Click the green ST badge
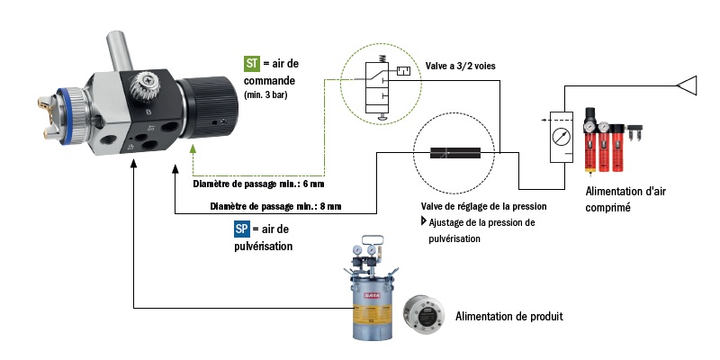point(253,64)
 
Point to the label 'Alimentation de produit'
point(509,316)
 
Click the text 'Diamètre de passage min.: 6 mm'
point(258,184)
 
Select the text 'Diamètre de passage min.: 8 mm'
point(275,206)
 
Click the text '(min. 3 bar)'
point(271,94)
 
